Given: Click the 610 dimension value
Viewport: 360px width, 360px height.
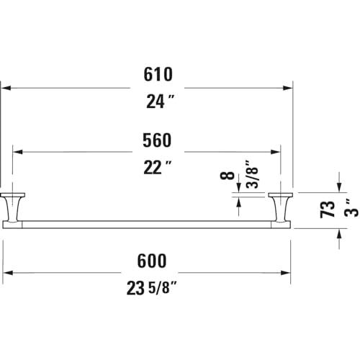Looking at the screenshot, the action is click(158, 74).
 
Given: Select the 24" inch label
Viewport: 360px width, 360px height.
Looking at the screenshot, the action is click(161, 102).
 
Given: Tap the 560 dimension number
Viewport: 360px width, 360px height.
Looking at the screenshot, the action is click(157, 140).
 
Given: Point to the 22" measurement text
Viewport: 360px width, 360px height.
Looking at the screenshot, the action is click(158, 167).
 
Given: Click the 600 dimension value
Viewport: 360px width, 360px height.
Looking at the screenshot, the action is click(152, 261).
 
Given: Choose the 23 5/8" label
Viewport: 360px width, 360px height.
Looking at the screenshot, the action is click(152, 288).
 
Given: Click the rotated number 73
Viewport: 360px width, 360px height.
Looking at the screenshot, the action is click(327, 210).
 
